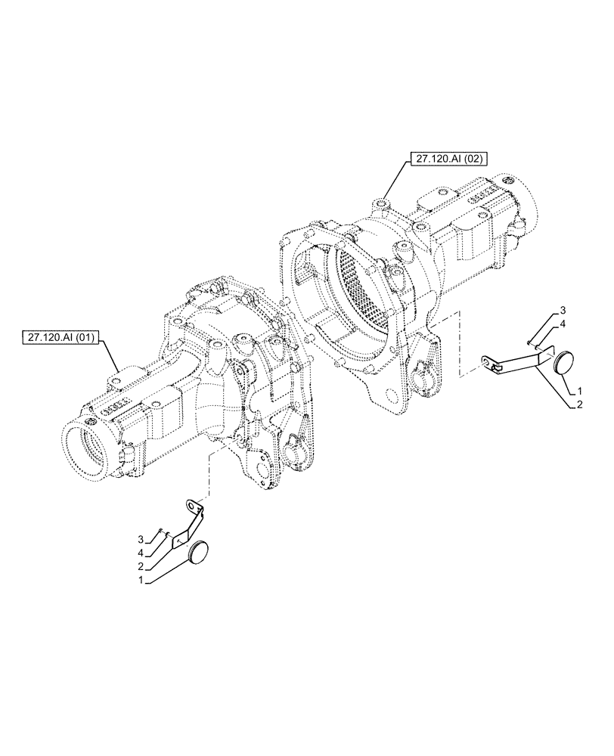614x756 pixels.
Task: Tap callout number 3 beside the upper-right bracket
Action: click(x=563, y=311)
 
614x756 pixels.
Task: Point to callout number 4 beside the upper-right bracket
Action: click(x=563, y=323)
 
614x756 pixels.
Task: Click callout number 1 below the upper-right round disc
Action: click(x=578, y=391)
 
